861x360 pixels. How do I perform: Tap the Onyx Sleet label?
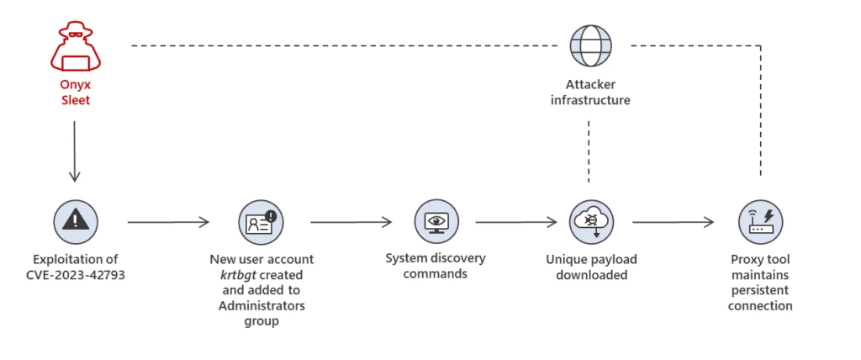coord(74,93)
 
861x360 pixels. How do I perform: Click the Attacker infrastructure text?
coord(589,92)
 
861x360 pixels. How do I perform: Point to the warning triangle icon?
coord(76,222)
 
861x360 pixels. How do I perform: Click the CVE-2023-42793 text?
coord(76,274)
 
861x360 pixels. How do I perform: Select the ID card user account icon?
coord(261,222)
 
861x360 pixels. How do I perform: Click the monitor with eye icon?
coord(436,222)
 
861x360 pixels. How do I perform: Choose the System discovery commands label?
coord(436,266)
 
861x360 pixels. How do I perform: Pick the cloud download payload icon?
coord(591,222)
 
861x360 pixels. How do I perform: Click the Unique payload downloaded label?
coord(591,266)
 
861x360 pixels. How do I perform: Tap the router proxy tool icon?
coord(760,222)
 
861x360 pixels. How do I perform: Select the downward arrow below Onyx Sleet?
coord(74,151)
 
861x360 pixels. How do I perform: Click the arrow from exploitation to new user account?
coord(168,222)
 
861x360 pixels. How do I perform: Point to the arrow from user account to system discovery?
coord(351,222)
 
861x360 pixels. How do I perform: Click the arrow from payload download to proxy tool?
coord(673,222)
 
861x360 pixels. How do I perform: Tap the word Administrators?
coord(261,305)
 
